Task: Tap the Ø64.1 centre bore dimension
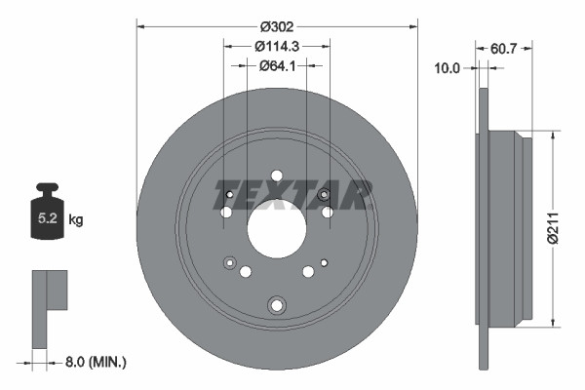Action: pyautogui.click(x=277, y=65)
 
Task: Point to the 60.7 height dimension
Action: pyautogui.click(x=503, y=47)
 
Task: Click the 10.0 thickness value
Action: pyautogui.click(x=448, y=67)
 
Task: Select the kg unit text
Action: pyautogui.click(x=76, y=220)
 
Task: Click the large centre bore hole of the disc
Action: pyautogui.click(x=277, y=229)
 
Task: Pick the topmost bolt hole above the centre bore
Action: pyautogui.click(x=277, y=175)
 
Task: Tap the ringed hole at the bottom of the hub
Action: pyautogui.click(x=277, y=305)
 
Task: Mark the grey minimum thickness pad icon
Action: pyautogui.click(x=50, y=307)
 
